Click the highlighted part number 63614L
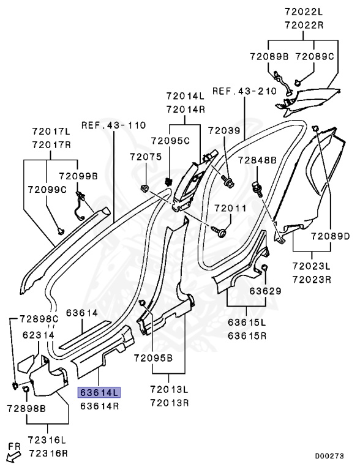click(99, 392)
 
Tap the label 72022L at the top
click(304, 12)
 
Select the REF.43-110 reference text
click(114, 125)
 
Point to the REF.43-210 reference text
click(244, 91)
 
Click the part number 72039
click(225, 130)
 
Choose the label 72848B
click(257, 160)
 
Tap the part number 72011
click(230, 208)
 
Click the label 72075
click(146, 157)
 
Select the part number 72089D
click(330, 236)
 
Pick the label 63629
click(266, 291)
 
